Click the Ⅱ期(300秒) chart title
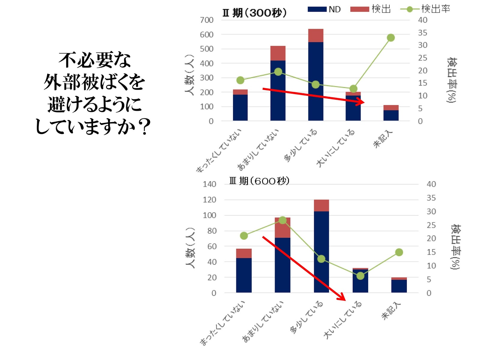point(254,13)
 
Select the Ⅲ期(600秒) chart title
point(259,181)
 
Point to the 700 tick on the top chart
point(207,20)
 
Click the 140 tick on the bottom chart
point(209,184)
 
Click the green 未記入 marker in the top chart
point(391,38)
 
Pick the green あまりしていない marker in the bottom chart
point(283,220)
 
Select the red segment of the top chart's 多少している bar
point(316,35)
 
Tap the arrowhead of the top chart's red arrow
point(361,102)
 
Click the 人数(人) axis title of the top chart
point(190,75)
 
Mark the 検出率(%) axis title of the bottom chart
point(455,247)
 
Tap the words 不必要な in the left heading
point(94,60)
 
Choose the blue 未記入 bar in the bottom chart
point(399,286)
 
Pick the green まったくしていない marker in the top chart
point(240,80)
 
